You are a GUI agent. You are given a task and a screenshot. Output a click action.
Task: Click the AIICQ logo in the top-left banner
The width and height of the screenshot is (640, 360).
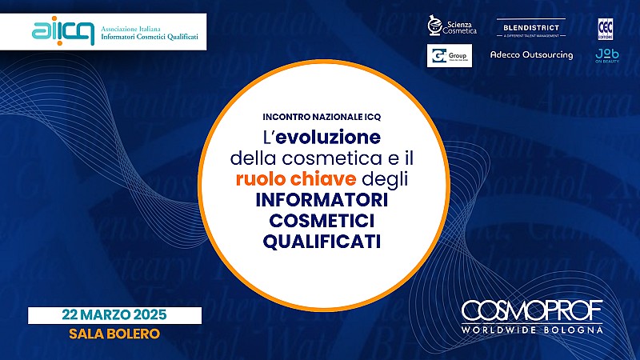(x=63, y=31)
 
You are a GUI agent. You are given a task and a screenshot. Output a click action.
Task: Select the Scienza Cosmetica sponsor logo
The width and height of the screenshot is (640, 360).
(x=453, y=27)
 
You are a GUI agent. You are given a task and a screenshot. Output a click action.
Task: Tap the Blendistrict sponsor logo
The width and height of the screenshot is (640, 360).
(x=532, y=29)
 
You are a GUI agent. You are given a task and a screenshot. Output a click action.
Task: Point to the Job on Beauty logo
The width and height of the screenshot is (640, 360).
(x=606, y=55)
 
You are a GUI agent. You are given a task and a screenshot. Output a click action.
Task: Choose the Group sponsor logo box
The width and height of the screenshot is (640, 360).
(x=450, y=55)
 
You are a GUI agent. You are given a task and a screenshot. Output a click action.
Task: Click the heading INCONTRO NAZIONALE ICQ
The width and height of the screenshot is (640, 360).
(x=320, y=114)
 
